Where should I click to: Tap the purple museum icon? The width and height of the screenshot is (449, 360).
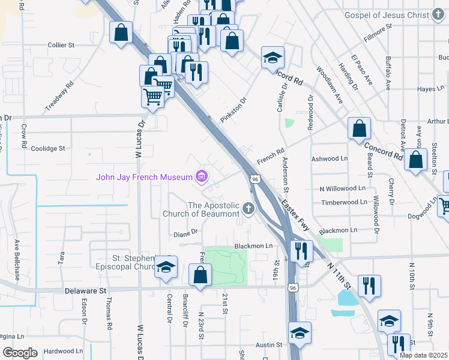pos(202,176)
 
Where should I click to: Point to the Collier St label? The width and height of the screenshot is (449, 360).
pos(61,45)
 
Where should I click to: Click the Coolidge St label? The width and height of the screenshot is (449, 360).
pos(48,148)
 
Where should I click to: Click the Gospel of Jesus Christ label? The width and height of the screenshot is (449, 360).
pos(388,14)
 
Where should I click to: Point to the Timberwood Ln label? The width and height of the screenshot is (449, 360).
pos(344,202)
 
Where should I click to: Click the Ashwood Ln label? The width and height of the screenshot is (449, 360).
pos(330,159)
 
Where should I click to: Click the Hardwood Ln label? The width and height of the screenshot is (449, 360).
pos(63,351)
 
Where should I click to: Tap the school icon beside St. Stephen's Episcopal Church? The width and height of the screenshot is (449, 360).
pos(166,268)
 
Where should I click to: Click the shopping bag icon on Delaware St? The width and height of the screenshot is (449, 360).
pos(200,275)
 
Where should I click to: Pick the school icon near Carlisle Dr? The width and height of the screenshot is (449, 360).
pos(273,58)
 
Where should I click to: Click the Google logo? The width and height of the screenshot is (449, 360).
pos(20,353)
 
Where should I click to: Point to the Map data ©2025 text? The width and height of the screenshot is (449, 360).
pos(423,355)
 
